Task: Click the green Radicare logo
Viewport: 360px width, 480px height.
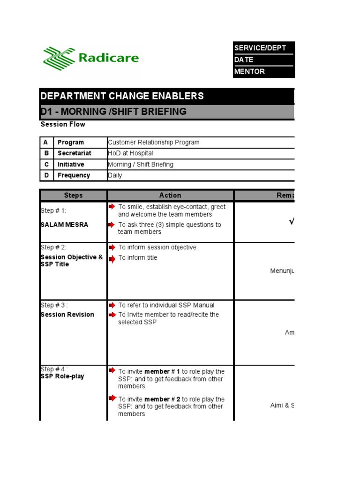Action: pyautogui.click(x=91, y=58)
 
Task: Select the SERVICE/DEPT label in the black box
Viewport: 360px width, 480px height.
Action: pyautogui.click(x=260, y=48)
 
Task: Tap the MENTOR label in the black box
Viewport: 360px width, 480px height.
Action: pyautogui.click(x=249, y=71)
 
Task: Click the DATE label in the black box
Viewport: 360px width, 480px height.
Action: pyautogui.click(x=244, y=60)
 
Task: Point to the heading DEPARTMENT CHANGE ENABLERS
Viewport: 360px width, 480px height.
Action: pyautogui.click(x=122, y=96)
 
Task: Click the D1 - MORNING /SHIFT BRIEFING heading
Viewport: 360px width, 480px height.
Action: pyautogui.click(x=113, y=112)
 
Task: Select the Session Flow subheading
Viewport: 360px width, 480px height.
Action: pyautogui.click(x=63, y=124)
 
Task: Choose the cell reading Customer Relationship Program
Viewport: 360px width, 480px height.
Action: pyautogui.click(x=154, y=142)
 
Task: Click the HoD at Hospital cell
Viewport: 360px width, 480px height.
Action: pyautogui.click(x=130, y=153)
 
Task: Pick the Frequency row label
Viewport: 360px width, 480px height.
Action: pyautogui.click(x=74, y=175)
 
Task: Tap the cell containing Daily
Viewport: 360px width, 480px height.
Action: pyautogui.click(x=115, y=175)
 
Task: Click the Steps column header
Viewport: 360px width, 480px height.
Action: pyautogui.click(x=73, y=195)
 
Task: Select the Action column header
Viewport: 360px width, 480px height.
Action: pyautogui.click(x=170, y=195)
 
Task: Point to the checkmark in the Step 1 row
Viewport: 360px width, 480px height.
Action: pyautogui.click(x=292, y=222)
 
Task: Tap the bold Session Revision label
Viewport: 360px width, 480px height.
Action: pyautogui.click(x=67, y=315)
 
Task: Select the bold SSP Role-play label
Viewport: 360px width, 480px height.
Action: pyautogui.click(x=62, y=376)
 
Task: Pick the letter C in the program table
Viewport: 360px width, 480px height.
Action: pyautogui.click(x=45, y=165)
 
